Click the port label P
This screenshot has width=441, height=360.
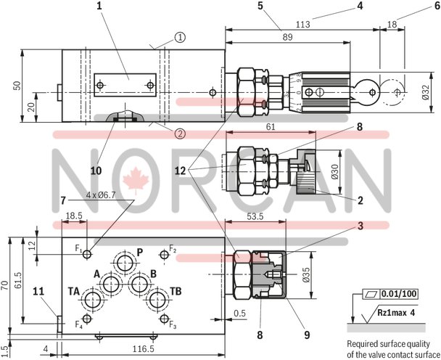point(140,251)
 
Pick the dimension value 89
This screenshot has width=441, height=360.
point(288,37)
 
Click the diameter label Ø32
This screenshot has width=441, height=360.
point(426,93)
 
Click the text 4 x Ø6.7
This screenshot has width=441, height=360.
point(100,195)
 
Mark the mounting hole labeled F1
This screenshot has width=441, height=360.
point(87,253)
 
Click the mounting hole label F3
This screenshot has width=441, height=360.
point(173,326)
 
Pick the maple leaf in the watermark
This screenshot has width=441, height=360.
point(133,179)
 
